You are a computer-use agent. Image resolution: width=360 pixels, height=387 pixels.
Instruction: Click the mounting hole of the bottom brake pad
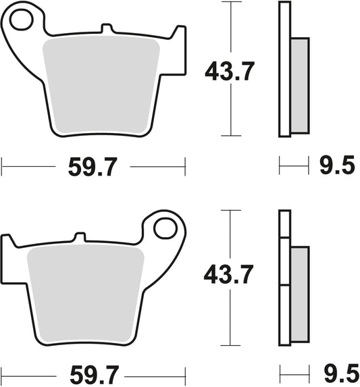pyautogui.click(x=163, y=228)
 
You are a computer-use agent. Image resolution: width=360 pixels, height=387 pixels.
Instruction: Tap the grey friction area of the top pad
pyautogui.click(x=101, y=84)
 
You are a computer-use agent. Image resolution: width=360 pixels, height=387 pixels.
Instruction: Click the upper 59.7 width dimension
pyautogui.click(x=93, y=165)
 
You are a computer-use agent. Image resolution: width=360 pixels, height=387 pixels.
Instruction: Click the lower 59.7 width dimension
pyautogui.click(x=93, y=372)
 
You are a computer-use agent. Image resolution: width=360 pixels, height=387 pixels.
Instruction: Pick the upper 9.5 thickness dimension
pyautogui.click(x=335, y=165)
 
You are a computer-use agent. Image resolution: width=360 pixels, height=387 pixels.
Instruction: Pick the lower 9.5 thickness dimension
pyautogui.click(x=335, y=372)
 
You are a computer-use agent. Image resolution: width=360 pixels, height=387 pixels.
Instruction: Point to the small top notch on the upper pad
pyautogui.click(x=105, y=29)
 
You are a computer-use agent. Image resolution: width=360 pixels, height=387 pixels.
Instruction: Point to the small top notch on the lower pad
pyautogui.click(x=80, y=237)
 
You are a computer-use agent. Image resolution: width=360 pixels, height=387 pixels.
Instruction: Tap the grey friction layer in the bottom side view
pyautogui.click(x=299, y=290)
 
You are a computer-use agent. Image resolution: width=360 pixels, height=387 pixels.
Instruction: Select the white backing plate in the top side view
pyautogui.click(x=284, y=68)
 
